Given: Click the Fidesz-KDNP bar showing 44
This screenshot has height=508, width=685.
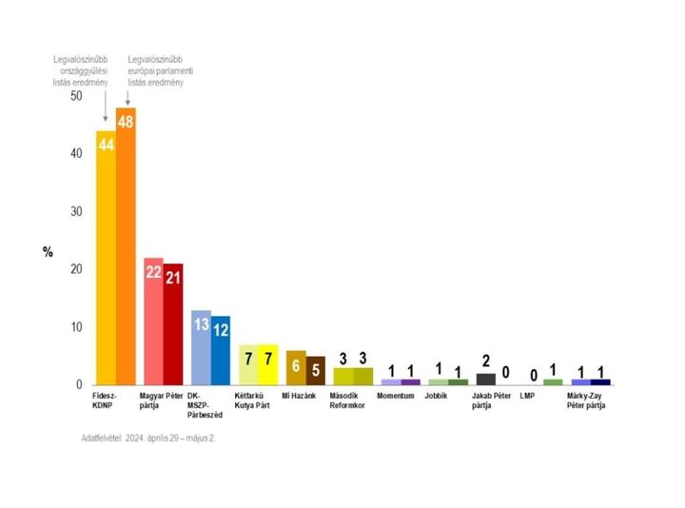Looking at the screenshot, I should [105, 257].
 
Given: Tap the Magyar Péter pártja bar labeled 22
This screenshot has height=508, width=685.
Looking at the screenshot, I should [152, 321].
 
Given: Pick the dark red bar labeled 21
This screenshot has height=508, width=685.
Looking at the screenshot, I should [172, 323].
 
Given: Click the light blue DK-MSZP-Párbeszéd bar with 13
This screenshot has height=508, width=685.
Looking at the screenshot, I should [201, 346].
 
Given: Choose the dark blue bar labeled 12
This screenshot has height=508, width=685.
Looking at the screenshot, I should [221, 349].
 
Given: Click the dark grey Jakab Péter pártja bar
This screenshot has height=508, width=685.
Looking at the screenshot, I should [485, 379].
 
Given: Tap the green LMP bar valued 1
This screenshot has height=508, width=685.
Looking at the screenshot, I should [553, 381].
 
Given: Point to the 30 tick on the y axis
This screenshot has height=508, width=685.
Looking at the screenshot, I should [76, 212].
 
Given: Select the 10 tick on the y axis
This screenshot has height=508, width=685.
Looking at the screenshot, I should [76, 327].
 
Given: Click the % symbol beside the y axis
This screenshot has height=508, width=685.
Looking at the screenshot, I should [48, 251].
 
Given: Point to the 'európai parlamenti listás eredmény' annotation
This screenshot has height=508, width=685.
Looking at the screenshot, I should [169, 72].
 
